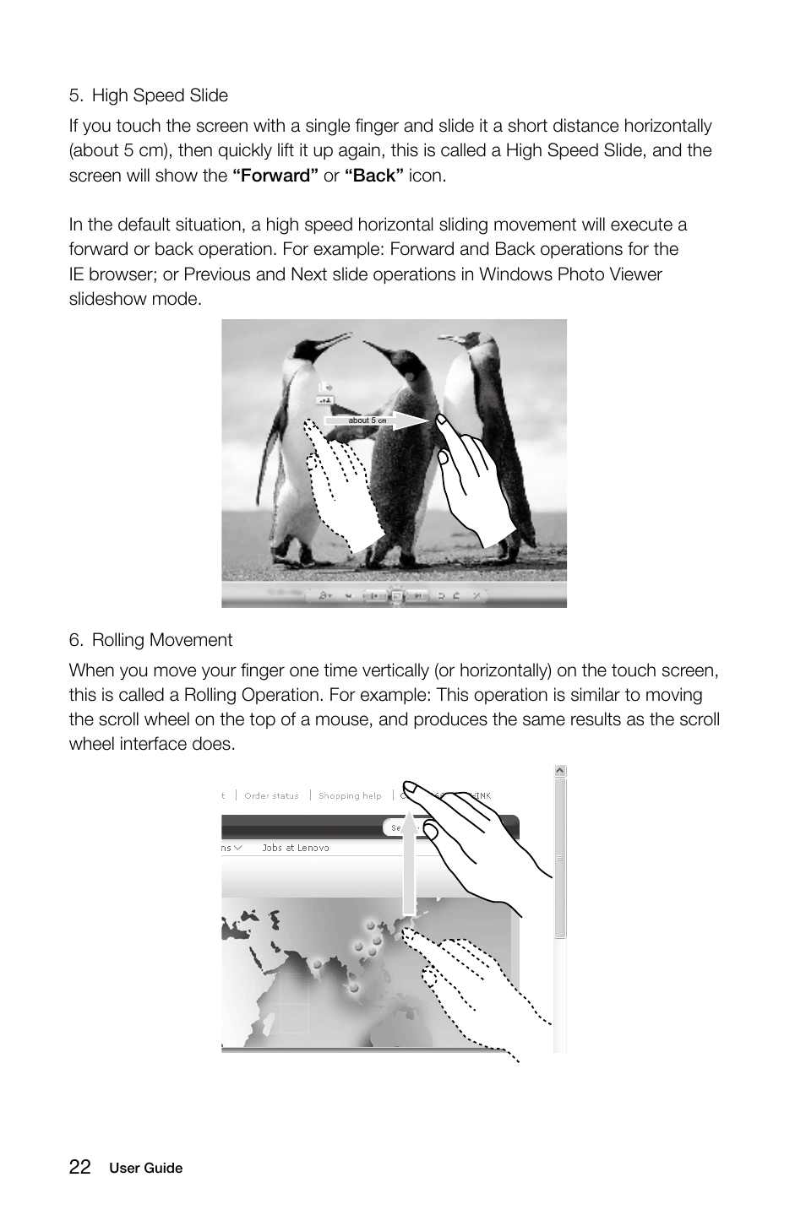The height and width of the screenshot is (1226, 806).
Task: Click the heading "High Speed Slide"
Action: (x=160, y=95)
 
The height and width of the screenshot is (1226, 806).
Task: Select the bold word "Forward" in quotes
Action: (x=275, y=176)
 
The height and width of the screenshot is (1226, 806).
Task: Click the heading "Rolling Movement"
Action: (x=161, y=640)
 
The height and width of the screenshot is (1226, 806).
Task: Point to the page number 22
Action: (x=80, y=1167)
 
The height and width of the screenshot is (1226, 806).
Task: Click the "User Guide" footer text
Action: (x=145, y=1169)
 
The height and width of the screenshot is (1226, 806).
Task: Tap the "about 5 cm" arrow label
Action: (x=367, y=420)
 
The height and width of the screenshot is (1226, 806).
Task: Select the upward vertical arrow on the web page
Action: (x=410, y=861)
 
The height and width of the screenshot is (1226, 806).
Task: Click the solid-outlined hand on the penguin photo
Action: (x=473, y=481)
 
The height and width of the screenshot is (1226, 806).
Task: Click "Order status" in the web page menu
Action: (x=271, y=795)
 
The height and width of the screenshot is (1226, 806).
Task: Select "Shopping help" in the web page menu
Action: (x=350, y=795)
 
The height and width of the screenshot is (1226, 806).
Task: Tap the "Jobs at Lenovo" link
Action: (x=295, y=848)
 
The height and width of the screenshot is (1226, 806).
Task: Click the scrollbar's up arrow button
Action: (x=559, y=772)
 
